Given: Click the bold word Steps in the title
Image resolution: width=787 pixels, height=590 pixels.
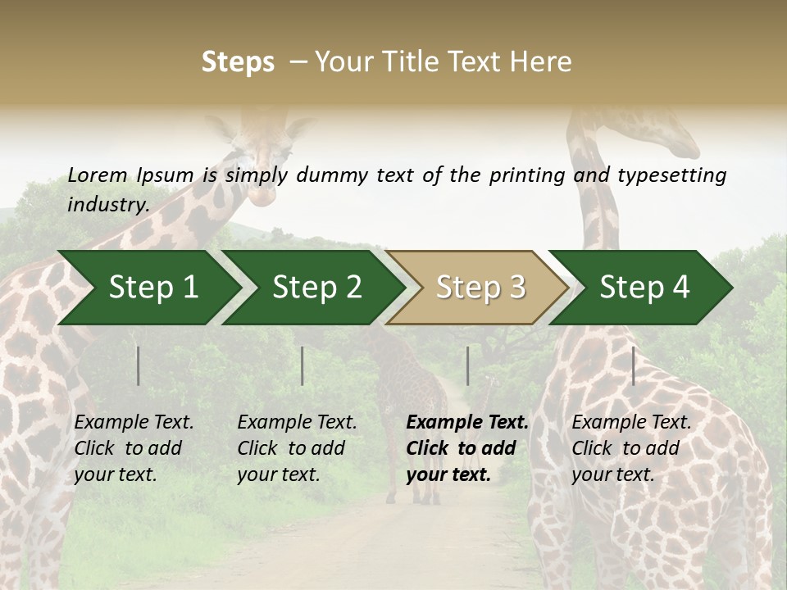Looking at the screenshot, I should (238, 62).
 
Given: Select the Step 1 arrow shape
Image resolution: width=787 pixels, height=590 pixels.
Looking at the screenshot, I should (148, 288).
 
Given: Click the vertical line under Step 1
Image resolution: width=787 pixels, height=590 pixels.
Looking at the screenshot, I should (139, 365).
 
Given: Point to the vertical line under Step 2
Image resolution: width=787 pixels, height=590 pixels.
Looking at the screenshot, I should (303, 365).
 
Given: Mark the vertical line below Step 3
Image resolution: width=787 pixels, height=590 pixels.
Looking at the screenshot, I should (467, 365).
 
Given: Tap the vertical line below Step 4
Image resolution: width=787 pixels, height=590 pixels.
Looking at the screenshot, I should (633, 365).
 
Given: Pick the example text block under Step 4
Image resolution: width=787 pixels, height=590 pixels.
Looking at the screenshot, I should (631, 448).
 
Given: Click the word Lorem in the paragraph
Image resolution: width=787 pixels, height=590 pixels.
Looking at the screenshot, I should (98, 175).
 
